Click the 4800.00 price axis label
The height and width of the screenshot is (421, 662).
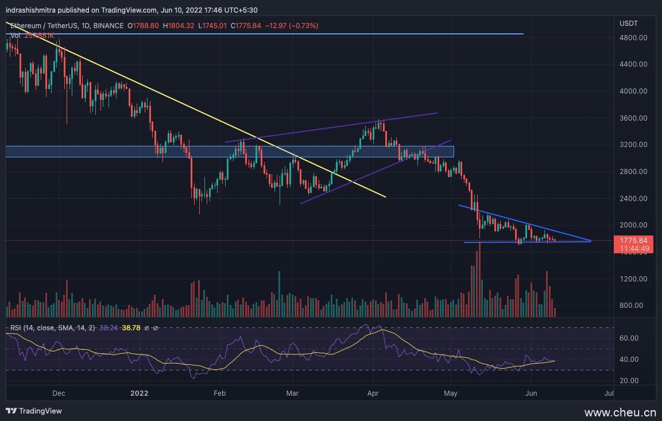(x=633, y=38)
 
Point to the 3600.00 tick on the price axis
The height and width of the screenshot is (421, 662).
(x=633, y=118)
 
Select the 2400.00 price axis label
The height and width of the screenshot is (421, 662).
(x=633, y=199)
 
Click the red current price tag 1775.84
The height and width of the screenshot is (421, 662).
(x=634, y=241)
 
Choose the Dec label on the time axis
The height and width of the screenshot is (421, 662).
(x=59, y=393)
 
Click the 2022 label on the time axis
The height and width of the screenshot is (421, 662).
(x=139, y=393)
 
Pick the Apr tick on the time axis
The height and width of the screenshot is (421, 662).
(x=373, y=393)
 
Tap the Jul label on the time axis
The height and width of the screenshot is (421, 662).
(x=610, y=393)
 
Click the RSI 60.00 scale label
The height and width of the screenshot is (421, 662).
(x=630, y=339)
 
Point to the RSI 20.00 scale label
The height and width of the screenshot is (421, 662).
(x=630, y=381)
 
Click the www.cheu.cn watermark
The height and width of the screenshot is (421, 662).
(x=620, y=412)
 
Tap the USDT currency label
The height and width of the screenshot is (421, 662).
(x=628, y=23)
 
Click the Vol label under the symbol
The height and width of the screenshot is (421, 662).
(x=16, y=35)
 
